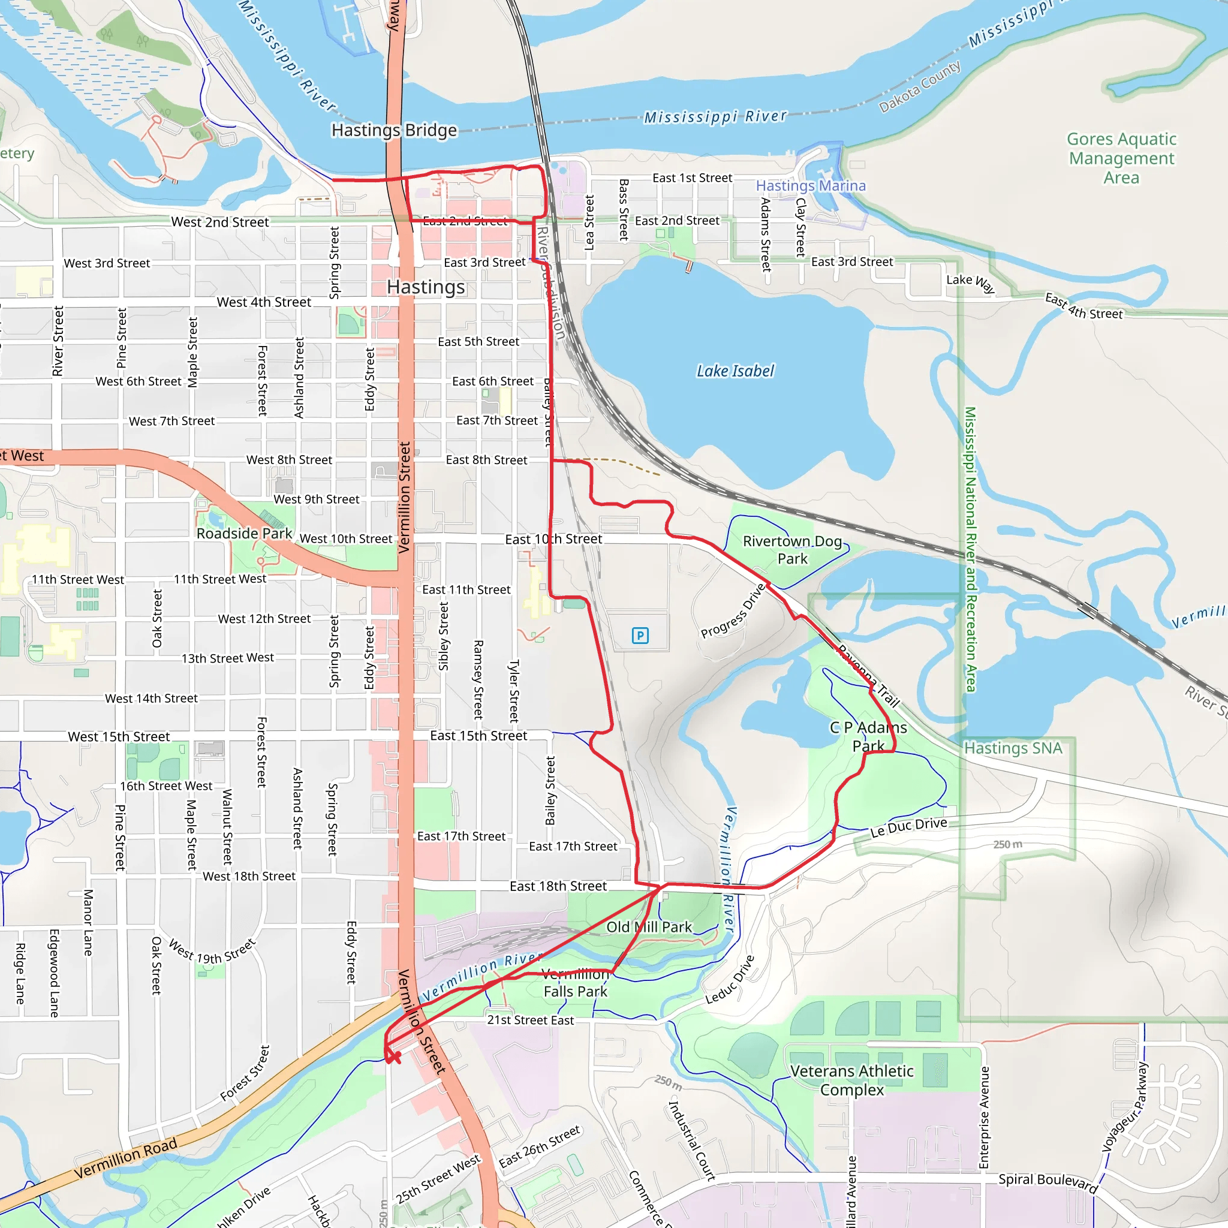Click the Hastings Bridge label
pos(394,130)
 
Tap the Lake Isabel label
pos(735,371)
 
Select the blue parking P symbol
pos(640,635)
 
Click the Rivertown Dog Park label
pos(792,550)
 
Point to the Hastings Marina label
pos(811,186)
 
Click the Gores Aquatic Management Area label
pos(1121,158)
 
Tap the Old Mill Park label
pos(649,927)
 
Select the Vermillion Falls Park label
pos(575,983)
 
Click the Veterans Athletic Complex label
pos(851,1080)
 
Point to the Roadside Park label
pos(244,533)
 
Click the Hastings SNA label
pos(1013,748)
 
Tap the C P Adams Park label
pos(868,736)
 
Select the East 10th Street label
pos(553,539)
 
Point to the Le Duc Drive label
pos(908,827)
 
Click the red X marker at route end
pos(394,1057)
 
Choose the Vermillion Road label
pos(125,1158)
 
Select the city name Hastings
pos(426,287)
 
